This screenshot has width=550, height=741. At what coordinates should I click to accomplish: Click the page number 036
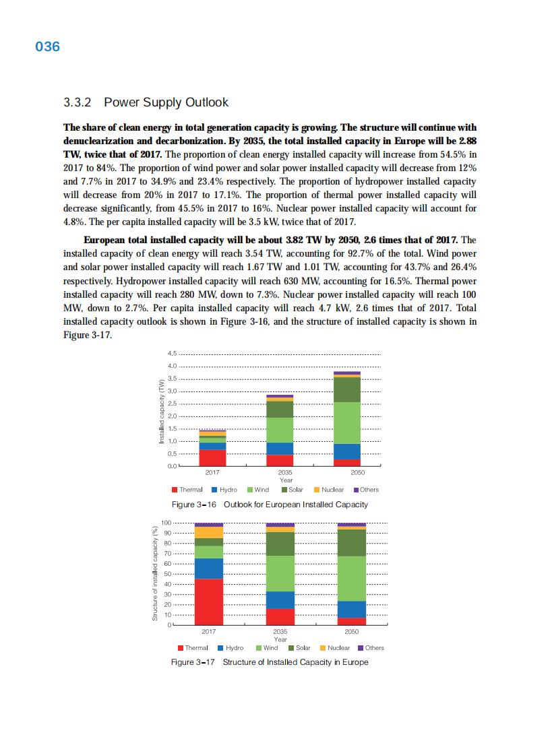pyautogui.click(x=47, y=46)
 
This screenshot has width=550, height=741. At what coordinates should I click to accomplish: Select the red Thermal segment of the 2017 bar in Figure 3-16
pyautogui.click(x=212, y=457)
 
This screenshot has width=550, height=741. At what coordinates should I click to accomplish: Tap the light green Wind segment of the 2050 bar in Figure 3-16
pyautogui.click(x=347, y=422)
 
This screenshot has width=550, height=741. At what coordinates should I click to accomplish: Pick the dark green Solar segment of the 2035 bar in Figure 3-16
pyautogui.click(x=280, y=409)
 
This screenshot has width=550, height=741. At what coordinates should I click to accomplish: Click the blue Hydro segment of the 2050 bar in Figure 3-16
pyautogui.click(x=347, y=451)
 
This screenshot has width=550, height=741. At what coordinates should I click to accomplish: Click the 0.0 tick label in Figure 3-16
pyautogui.click(x=171, y=466)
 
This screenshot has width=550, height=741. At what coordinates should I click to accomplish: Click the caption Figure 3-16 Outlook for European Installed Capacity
pyautogui.click(x=270, y=505)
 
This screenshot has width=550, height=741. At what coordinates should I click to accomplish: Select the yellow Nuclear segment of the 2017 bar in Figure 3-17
pyautogui.click(x=208, y=532)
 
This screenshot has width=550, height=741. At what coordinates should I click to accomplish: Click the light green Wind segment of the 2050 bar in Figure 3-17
pyautogui.click(x=351, y=578)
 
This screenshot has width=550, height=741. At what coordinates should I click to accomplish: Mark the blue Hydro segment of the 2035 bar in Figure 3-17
pyautogui.click(x=280, y=600)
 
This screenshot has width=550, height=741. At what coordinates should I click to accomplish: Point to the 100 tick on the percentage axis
pyautogui.click(x=166, y=523)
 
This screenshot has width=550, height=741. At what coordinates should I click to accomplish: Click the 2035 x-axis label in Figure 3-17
pyautogui.click(x=280, y=632)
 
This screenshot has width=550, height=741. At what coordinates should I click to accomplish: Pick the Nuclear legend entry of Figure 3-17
pyautogui.click(x=334, y=648)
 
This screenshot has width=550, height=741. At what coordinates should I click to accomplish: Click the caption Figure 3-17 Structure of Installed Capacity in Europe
pyautogui.click(x=270, y=662)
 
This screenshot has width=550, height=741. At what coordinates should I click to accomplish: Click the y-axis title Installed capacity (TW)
pyautogui.click(x=161, y=412)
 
